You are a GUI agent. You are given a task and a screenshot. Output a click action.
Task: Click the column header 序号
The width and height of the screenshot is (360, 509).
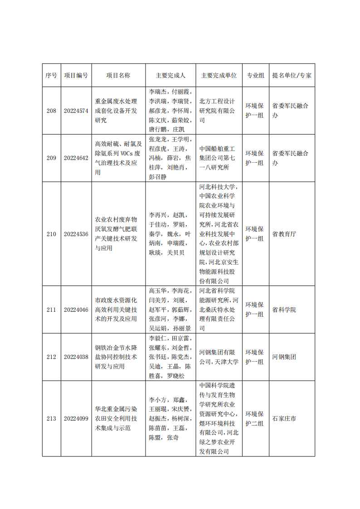[x=51, y=75]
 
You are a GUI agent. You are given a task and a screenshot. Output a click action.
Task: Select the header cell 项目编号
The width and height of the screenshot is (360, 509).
[x=76, y=75]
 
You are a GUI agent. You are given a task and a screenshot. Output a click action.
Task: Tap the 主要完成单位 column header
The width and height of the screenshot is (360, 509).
[x=219, y=75]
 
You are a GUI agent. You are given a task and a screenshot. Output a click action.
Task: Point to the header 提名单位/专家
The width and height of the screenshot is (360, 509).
[x=292, y=75]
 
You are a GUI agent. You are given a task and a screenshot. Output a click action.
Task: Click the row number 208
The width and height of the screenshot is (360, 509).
[x=51, y=111]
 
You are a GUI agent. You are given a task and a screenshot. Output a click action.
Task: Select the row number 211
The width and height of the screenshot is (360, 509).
[x=51, y=310]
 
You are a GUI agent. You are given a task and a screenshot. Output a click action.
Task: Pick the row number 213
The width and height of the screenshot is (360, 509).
[x=51, y=418]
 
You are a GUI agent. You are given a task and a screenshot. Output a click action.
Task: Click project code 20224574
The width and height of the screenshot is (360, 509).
[x=76, y=111]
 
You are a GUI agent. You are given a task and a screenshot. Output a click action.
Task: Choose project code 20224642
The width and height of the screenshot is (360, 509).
[x=76, y=158]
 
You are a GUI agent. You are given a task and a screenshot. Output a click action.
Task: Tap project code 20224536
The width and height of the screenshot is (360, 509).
[x=76, y=234]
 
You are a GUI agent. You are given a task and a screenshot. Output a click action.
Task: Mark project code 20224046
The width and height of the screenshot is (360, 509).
[x=76, y=310]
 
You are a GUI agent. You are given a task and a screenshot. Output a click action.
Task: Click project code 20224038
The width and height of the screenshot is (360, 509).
[x=76, y=357]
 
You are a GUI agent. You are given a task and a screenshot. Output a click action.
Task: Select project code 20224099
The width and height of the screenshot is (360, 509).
[x=76, y=418]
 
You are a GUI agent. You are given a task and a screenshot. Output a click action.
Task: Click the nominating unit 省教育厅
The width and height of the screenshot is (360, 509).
[x=284, y=234]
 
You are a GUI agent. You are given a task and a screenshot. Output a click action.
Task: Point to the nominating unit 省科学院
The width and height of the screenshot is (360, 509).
[x=284, y=310]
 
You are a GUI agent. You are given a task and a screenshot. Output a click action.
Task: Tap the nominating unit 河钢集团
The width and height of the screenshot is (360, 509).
[x=284, y=357]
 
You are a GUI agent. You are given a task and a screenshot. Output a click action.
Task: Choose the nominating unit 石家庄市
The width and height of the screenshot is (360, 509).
[x=284, y=418]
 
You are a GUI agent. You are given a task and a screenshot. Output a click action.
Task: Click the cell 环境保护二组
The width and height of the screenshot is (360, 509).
[x=255, y=418]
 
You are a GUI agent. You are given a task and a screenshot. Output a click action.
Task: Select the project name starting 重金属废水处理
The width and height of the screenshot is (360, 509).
[x=116, y=111]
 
